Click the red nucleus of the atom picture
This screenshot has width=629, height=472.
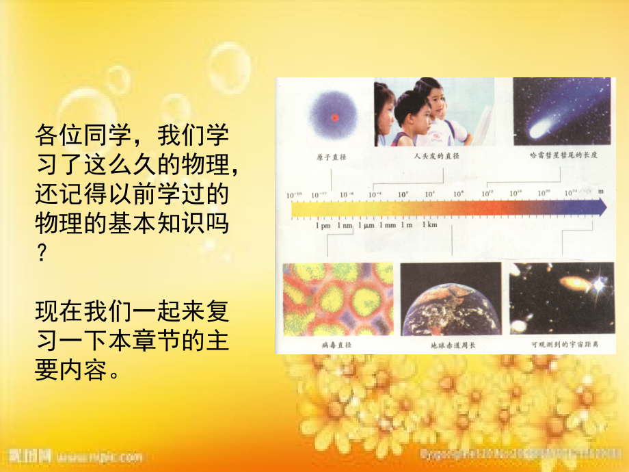tap(334, 117)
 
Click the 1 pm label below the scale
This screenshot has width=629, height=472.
tap(324, 225)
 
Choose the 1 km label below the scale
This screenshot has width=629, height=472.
tap(429, 225)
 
